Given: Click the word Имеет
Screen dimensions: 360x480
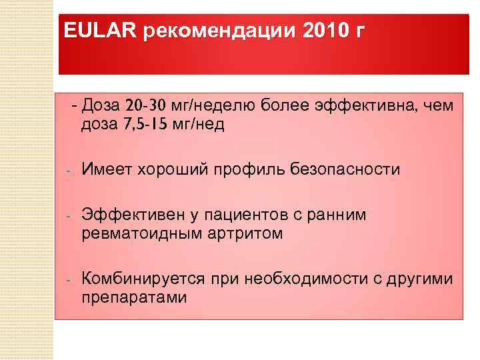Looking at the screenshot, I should coord(107,170).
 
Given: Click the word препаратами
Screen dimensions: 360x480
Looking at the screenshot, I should coord(134,297).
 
